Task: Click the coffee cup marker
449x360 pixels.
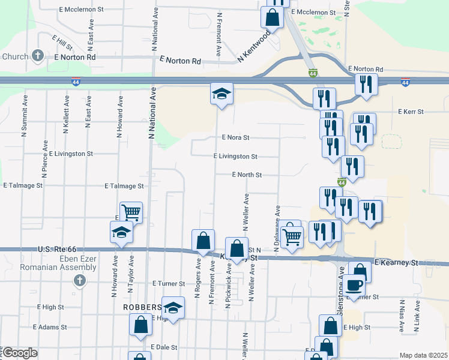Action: [355, 284]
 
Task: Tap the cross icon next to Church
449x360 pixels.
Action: [38, 56]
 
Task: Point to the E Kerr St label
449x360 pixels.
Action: [411, 112]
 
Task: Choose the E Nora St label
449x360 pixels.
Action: [235, 137]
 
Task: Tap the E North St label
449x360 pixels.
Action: [247, 175]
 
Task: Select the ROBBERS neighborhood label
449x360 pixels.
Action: [143, 306]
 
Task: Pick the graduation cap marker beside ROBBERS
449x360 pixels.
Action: [173, 308]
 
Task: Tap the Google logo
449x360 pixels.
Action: [20, 353]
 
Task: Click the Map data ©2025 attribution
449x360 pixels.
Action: [423, 355]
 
